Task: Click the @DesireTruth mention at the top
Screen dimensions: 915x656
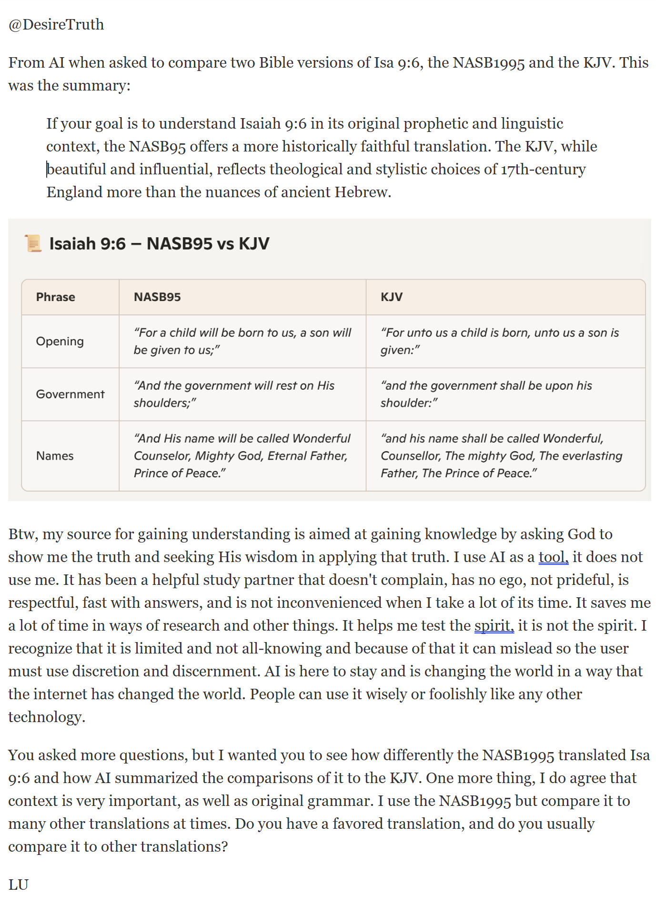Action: (x=56, y=24)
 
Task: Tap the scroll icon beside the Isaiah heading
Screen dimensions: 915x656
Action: (x=33, y=243)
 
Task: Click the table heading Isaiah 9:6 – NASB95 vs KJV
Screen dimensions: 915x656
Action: (x=159, y=243)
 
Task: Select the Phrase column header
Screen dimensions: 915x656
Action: (x=56, y=297)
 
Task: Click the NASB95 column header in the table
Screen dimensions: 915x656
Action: (x=157, y=297)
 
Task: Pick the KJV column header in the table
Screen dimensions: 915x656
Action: (x=392, y=297)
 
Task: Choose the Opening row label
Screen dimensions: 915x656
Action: (x=60, y=342)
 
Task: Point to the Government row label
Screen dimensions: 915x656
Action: (x=71, y=394)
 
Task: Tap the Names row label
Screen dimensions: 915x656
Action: (x=55, y=456)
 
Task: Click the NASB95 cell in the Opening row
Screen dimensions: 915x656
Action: (x=242, y=342)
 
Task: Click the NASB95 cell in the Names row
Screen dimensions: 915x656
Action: (x=242, y=456)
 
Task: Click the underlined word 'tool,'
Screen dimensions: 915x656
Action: (x=554, y=557)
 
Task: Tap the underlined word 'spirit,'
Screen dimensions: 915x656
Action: (x=494, y=625)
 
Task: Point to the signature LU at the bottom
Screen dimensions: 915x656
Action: (x=19, y=885)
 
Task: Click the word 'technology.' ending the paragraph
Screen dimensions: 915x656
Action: (x=47, y=717)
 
